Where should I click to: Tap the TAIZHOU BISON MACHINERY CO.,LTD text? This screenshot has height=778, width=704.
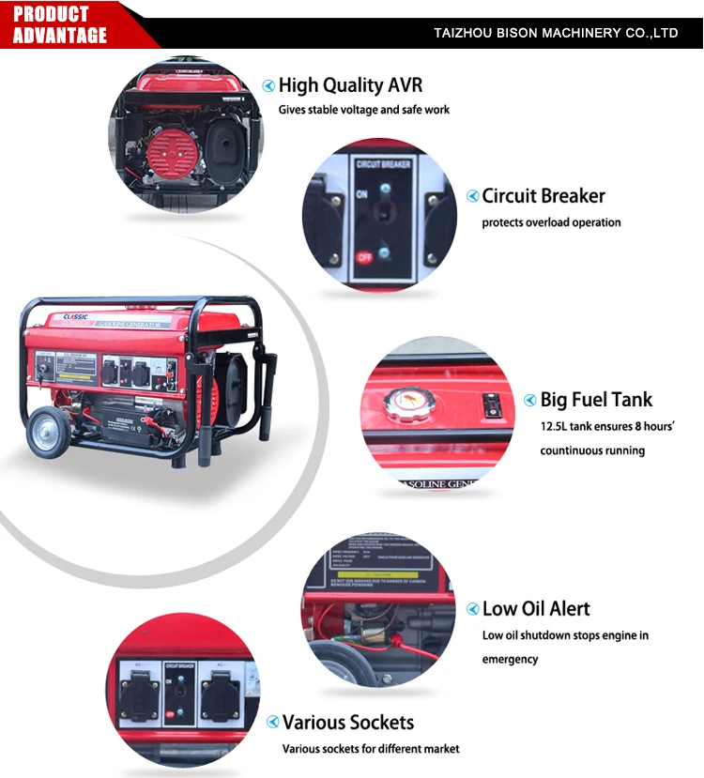tap(556, 33)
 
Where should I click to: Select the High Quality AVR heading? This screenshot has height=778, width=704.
tap(350, 85)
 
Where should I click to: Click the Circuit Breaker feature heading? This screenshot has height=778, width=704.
tap(543, 196)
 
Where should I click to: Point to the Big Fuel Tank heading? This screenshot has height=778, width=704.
tap(596, 400)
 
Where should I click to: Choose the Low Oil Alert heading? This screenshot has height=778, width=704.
tap(536, 609)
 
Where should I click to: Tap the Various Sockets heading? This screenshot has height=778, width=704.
tap(348, 723)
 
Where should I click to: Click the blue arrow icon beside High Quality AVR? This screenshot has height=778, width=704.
tap(268, 86)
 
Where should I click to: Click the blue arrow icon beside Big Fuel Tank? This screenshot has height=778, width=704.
tap(530, 401)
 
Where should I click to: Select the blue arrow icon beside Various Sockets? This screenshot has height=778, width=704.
tap(272, 723)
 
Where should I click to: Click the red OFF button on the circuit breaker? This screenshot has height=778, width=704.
tap(364, 256)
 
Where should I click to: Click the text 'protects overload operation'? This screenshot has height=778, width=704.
tap(551, 223)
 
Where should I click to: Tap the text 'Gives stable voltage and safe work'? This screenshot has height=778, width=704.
tap(363, 110)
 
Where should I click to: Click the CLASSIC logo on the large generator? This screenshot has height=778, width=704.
tap(75, 316)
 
